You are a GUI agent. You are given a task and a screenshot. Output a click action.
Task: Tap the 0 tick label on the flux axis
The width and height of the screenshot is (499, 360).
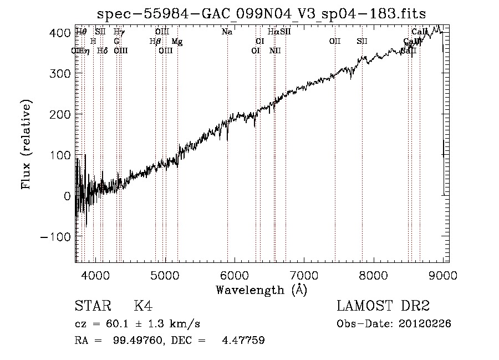pos(67,196)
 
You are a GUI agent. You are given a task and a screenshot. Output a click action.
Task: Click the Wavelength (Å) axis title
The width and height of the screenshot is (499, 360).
pos(261,290)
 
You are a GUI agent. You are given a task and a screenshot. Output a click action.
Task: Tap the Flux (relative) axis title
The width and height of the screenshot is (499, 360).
pos(26,144)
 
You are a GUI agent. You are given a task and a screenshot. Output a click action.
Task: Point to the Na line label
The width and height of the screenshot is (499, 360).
pos(227,32)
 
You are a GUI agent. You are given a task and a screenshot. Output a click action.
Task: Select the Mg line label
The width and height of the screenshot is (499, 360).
pos(176,42)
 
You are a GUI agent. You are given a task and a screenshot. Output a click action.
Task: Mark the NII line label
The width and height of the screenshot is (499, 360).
pos(275,51)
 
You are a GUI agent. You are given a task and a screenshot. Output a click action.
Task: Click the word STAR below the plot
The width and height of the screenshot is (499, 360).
pos(93,306)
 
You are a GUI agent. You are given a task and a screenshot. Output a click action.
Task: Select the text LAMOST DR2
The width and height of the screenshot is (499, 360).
pos(383,306)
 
